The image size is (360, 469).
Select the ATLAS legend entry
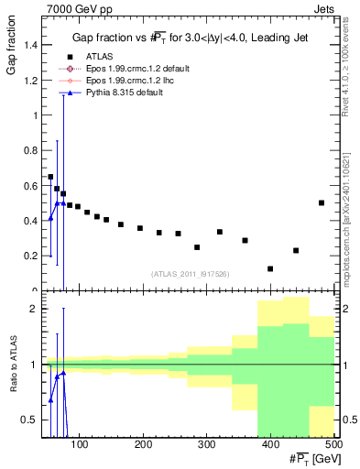[98, 57]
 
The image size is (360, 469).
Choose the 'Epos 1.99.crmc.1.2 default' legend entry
[129, 69]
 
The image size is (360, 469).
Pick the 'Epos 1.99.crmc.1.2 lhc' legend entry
[123, 81]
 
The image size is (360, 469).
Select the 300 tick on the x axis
[206, 445]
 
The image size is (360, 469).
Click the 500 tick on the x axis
[333, 445]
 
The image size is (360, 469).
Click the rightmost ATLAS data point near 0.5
[322, 202]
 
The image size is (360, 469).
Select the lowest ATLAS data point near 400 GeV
[270, 268]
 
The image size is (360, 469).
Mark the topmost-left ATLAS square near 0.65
[50, 177]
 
